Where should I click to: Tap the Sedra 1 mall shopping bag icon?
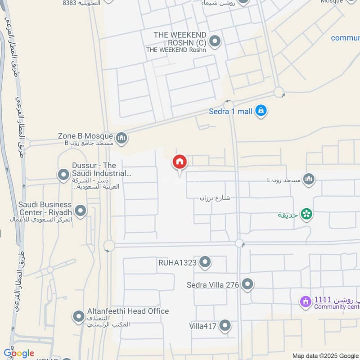point(261,110)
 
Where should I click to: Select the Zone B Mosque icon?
point(121,139)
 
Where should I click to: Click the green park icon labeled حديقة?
point(307,214)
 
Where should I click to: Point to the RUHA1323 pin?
point(205,262)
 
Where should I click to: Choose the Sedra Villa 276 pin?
point(247,284)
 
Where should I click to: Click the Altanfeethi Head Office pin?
point(79,316)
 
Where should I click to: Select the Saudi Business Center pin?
point(81,210)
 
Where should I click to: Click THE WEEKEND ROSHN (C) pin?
point(216,41)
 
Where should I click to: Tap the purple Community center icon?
point(306,301)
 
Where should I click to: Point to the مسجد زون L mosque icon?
point(309,180)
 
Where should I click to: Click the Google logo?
point(18,353)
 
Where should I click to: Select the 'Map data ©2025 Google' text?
point(325,355)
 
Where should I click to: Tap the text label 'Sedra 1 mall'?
point(231,111)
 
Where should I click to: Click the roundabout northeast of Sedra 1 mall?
point(279,93)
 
